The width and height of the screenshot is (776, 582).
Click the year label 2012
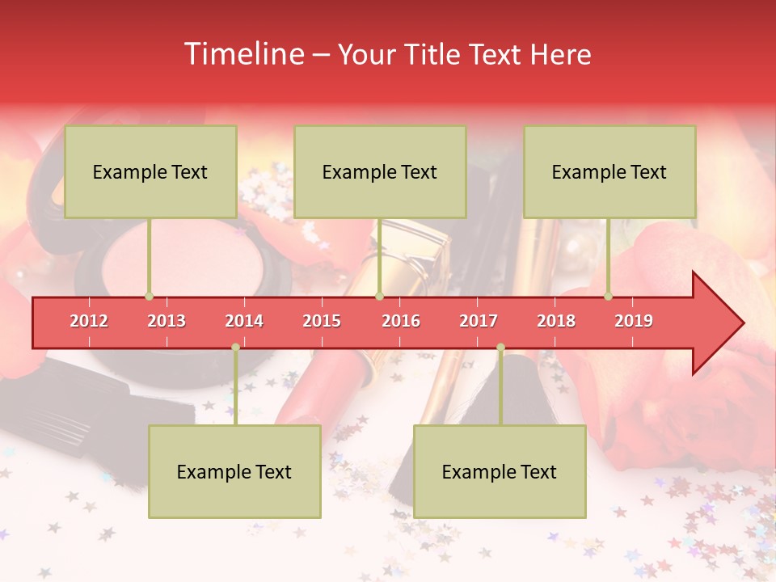(89, 321)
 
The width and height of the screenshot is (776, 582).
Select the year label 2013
(167, 321)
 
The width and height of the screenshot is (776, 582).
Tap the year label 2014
(244, 321)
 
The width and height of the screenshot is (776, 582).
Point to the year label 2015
(322, 321)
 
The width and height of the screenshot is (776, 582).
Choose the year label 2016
(401, 321)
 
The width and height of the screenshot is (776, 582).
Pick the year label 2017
(479, 321)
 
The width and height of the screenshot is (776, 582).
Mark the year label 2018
(556, 321)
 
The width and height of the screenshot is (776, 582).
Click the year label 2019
(634, 321)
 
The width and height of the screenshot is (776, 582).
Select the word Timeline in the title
(242, 54)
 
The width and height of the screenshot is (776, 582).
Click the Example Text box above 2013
(150, 171)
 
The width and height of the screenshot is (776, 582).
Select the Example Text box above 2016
(380, 171)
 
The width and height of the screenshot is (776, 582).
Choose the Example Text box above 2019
(609, 171)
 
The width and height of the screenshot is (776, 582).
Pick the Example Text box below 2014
(234, 471)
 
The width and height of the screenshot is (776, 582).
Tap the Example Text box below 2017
(500, 471)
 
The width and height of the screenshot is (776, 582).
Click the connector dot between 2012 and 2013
(149, 296)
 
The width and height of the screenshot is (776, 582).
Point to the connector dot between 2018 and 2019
(608, 296)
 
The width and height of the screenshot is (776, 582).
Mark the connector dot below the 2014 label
(235, 348)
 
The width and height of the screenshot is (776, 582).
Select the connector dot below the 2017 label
(500, 348)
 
